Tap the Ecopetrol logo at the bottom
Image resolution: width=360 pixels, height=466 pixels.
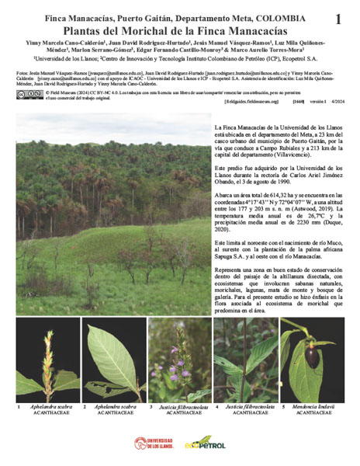(205, 443)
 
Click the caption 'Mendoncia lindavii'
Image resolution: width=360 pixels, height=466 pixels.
(318, 406)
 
